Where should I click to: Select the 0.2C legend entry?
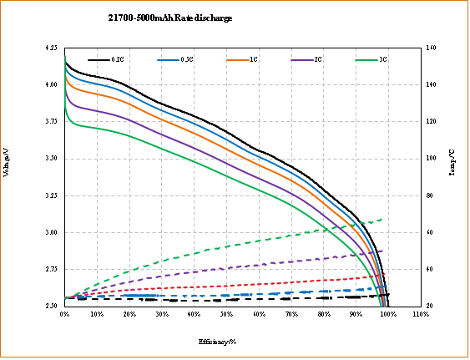(117, 60)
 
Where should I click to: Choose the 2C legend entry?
(318, 60)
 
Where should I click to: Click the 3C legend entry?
(382, 60)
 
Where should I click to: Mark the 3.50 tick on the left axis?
(52, 158)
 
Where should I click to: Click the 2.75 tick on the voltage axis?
(52, 269)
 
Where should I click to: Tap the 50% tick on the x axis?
(226, 315)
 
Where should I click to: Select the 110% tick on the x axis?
(420, 315)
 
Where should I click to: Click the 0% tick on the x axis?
(64, 315)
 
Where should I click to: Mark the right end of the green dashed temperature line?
(382, 220)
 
